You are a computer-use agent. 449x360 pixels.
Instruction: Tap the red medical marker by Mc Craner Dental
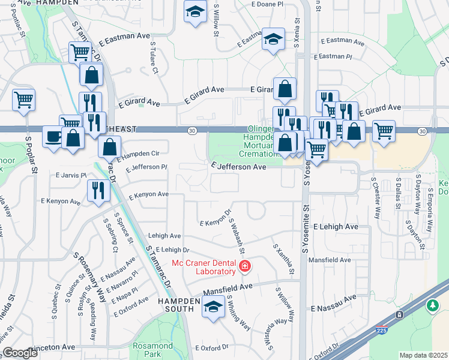[245, 266]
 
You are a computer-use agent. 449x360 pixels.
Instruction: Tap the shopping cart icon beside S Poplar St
[23, 99]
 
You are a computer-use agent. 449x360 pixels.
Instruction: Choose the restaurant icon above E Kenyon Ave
[98, 190]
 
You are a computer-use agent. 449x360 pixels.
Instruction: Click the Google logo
[20, 353]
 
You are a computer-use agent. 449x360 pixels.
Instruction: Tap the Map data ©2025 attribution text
[423, 355]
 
